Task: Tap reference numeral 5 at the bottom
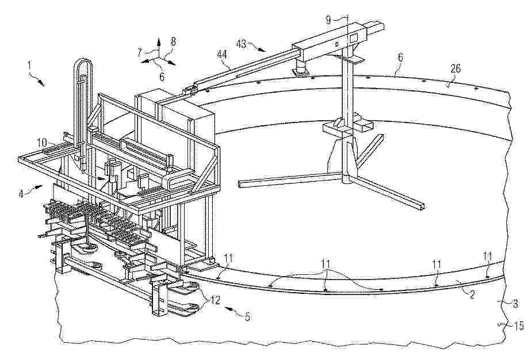[246, 316]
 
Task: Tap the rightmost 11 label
[488, 255]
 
